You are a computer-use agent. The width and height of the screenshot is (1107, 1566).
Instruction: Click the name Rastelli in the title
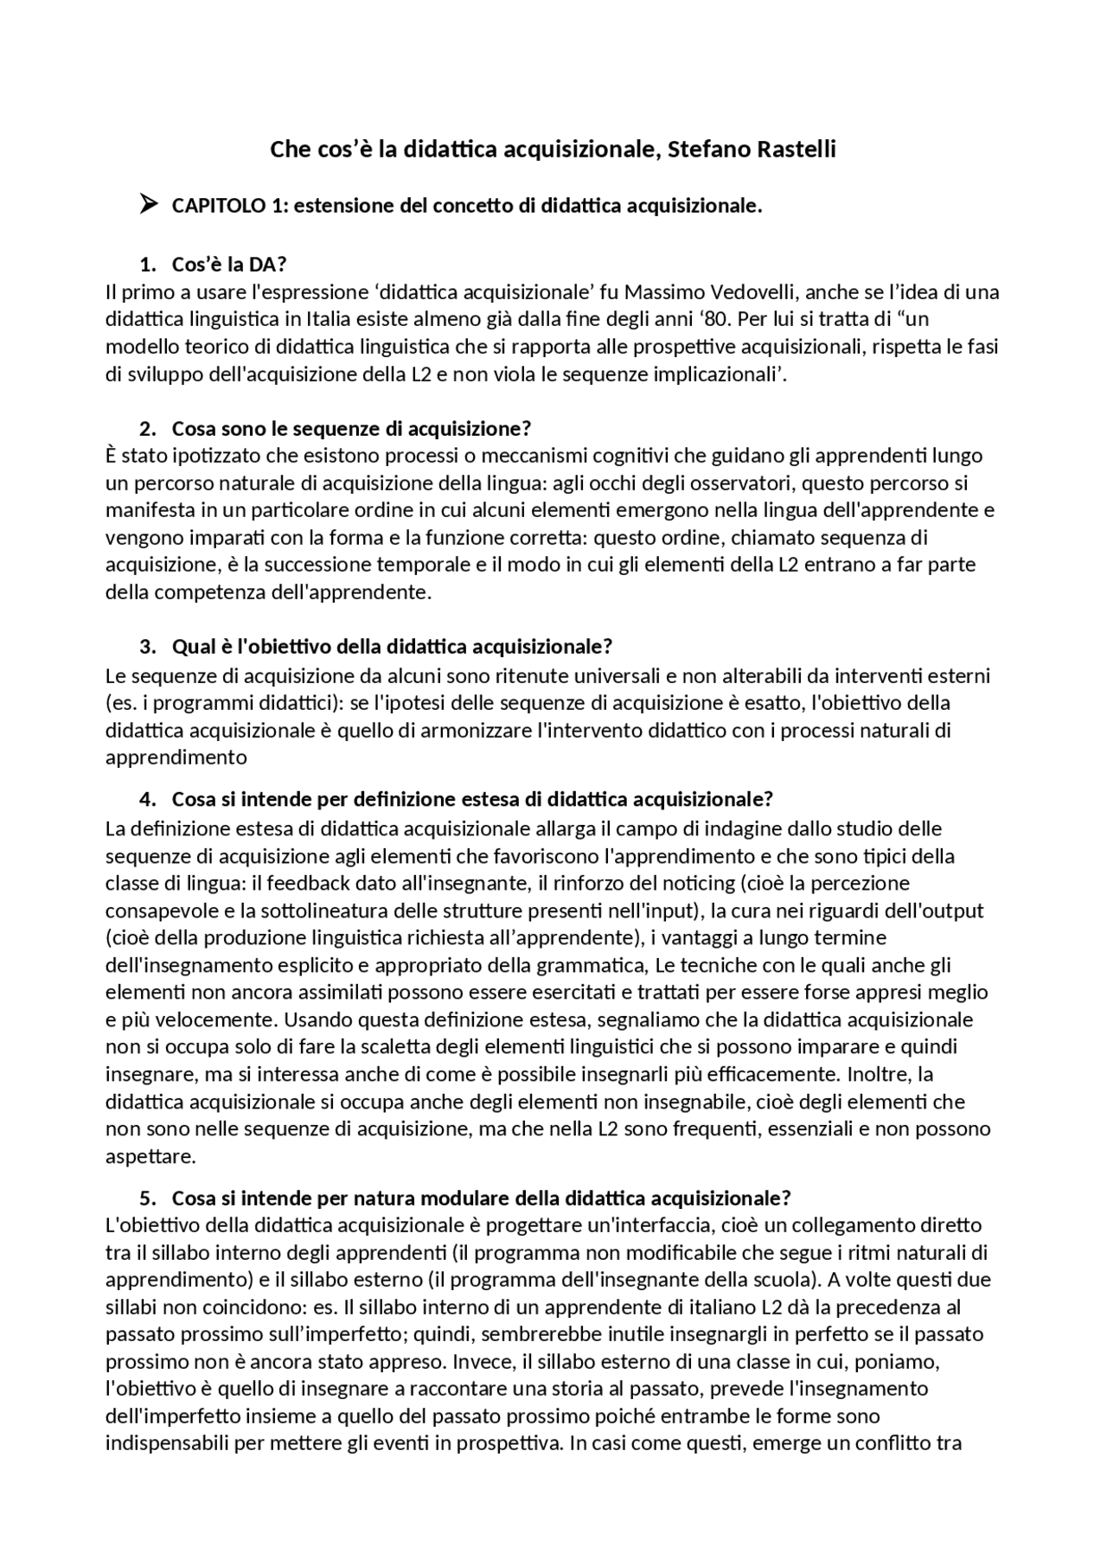[x=797, y=150]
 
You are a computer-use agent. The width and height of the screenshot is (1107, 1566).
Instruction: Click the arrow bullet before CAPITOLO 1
[x=148, y=205]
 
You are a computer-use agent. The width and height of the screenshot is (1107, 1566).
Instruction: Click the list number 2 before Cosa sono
[x=147, y=429]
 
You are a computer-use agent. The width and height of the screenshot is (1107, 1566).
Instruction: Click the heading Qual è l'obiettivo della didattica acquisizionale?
[x=392, y=647]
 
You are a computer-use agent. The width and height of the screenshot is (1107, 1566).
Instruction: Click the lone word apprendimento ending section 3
[x=176, y=757]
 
